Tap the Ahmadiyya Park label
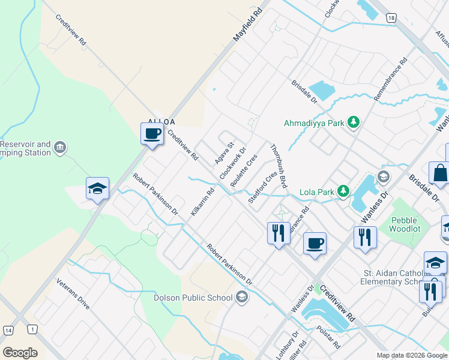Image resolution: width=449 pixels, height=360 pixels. tap(315, 123)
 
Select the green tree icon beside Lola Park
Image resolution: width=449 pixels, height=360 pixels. tap(343, 192)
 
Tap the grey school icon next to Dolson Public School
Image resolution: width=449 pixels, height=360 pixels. tap(241, 297)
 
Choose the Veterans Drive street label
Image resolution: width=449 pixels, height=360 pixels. tap(73, 294)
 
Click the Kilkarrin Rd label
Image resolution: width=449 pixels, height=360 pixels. tap(202, 202)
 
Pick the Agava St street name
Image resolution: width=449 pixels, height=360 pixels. tap(224, 154)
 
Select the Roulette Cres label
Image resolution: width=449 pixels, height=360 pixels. tap(244, 170)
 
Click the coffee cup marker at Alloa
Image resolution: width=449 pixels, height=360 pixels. tap(152, 133)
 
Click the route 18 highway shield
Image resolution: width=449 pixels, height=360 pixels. tap(391, 18)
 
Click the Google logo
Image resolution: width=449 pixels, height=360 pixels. tap(20, 352)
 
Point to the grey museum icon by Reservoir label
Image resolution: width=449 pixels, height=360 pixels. tap(60, 148)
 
